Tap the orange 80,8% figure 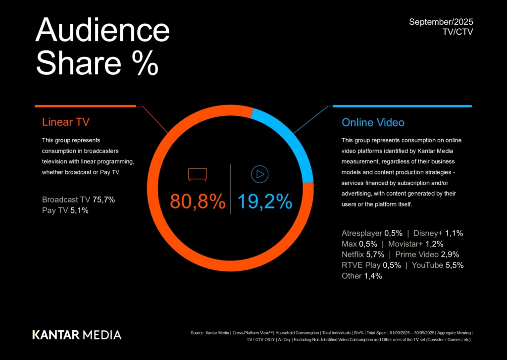(198, 202)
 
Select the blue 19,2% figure (264, 202)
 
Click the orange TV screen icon (197, 174)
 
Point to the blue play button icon (259, 174)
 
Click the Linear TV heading (66, 122)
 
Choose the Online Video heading (373, 122)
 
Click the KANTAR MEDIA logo (77, 334)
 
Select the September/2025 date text (441, 22)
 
